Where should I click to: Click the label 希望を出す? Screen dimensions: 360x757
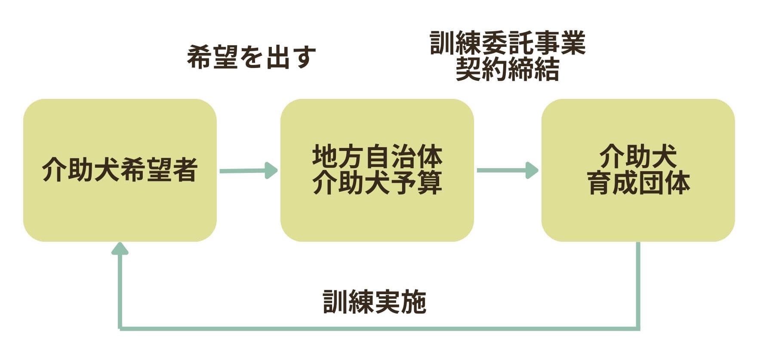click(x=251, y=57)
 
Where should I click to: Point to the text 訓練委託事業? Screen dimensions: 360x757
click(x=508, y=43)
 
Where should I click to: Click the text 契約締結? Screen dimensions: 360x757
click(x=508, y=69)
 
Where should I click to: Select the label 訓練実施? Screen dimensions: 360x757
click(x=374, y=302)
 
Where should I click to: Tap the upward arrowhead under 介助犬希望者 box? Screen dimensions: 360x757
click(x=120, y=249)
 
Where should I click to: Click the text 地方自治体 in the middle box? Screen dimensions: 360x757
click(x=377, y=156)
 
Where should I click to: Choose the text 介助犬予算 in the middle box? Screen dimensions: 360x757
click(x=377, y=182)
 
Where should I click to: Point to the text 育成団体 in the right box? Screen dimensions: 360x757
click(x=638, y=182)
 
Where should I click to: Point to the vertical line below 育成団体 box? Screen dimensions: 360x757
click(x=638, y=284)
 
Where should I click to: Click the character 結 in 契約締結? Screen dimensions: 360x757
click(x=546, y=69)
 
